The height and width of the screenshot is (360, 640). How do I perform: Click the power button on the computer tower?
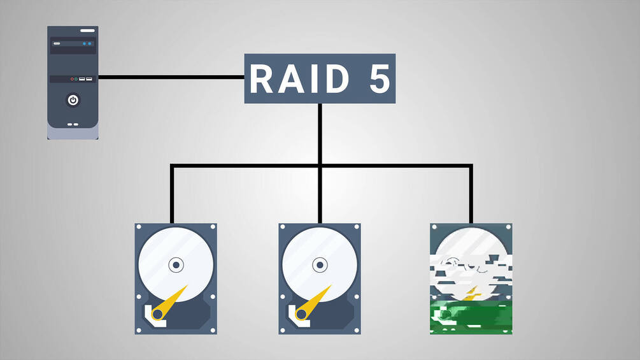[73, 100]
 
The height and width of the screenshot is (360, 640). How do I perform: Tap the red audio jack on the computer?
[73, 79]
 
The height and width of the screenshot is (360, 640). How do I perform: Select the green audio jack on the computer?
[77, 79]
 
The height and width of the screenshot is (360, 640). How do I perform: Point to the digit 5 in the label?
[380, 79]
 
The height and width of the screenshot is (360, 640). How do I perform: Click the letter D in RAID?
[335, 79]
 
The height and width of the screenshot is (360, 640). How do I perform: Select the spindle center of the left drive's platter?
[176, 264]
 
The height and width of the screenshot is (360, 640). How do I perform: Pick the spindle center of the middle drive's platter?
[320, 264]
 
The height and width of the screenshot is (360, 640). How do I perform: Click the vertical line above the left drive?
[172, 194]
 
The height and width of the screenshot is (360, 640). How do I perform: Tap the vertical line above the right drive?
[471, 194]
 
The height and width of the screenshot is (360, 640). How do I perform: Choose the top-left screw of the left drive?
[139, 227]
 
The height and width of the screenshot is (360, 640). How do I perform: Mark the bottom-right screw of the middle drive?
[356, 330]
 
